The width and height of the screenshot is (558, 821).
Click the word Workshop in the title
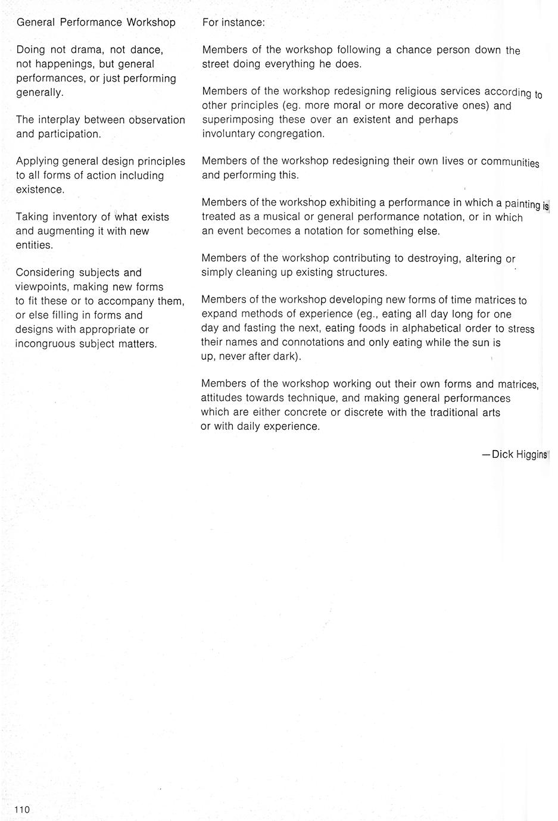tap(151, 23)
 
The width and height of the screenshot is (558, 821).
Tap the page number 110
tap(22, 809)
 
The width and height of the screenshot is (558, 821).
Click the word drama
tap(87, 50)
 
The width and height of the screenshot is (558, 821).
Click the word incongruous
tap(45, 344)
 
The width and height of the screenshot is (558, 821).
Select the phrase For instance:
tap(233, 23)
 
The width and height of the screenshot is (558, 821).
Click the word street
tap(217, 64)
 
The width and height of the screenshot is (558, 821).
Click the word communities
tap(510, 162)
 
